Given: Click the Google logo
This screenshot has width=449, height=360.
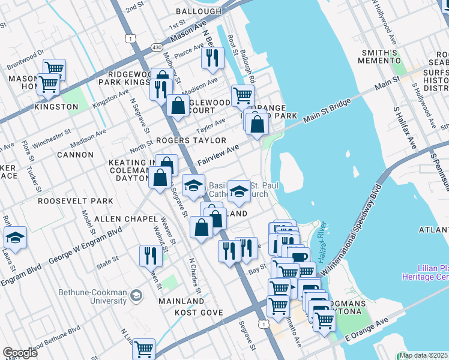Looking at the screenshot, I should [x=20, y=352].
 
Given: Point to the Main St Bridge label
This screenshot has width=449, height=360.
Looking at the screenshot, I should [x=327, y=112].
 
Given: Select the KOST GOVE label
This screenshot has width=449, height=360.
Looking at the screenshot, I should [x=199, y=313].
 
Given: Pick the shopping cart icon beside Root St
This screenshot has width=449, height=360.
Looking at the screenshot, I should [x=243, y=95].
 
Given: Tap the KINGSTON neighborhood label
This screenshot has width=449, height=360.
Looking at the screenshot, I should [x=56, y=106].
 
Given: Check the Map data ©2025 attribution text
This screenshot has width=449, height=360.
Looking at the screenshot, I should [x=423, y=355].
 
